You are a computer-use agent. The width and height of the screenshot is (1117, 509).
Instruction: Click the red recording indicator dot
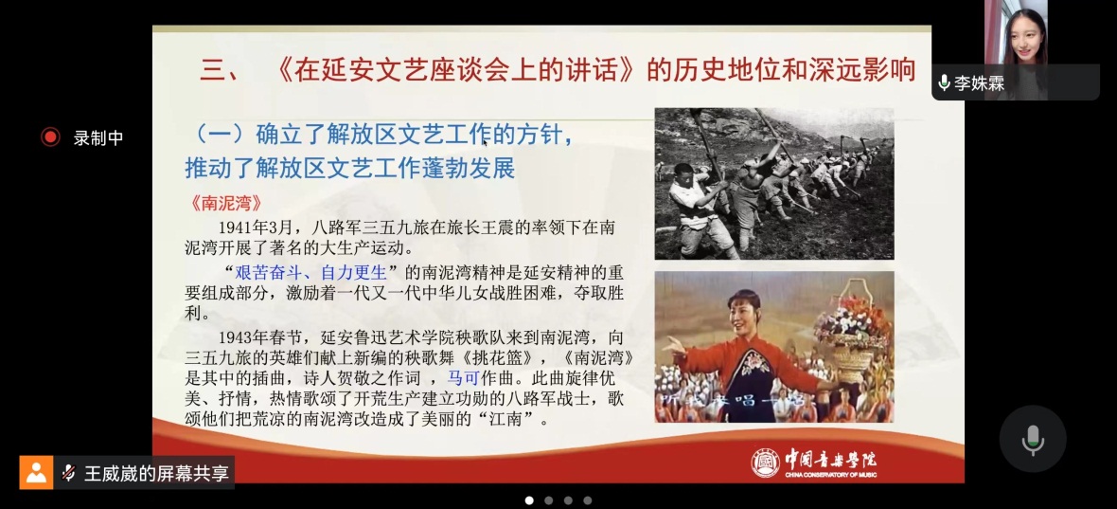point(50,136)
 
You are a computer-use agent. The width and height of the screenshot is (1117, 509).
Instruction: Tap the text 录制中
point(98,137)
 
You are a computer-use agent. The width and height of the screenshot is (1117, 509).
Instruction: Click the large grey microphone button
point(1032,439)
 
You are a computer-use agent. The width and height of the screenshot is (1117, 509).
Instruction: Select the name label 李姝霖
point(980,83)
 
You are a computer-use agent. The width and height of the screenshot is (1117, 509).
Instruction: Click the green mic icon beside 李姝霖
point(945,82)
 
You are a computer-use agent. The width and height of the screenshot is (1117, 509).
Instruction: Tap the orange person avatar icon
point(36,472)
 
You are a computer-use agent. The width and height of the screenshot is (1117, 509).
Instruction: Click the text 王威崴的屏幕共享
point(157,473)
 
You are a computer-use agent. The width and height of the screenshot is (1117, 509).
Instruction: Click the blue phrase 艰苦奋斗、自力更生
point(310,272)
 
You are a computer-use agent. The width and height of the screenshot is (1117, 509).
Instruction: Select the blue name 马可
point(462,377)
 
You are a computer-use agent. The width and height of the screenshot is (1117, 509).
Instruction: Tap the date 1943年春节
point(262,336)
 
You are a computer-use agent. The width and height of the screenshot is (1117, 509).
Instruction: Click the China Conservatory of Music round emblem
point(766,463)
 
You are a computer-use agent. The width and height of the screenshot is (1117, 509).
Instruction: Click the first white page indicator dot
point(529,500)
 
